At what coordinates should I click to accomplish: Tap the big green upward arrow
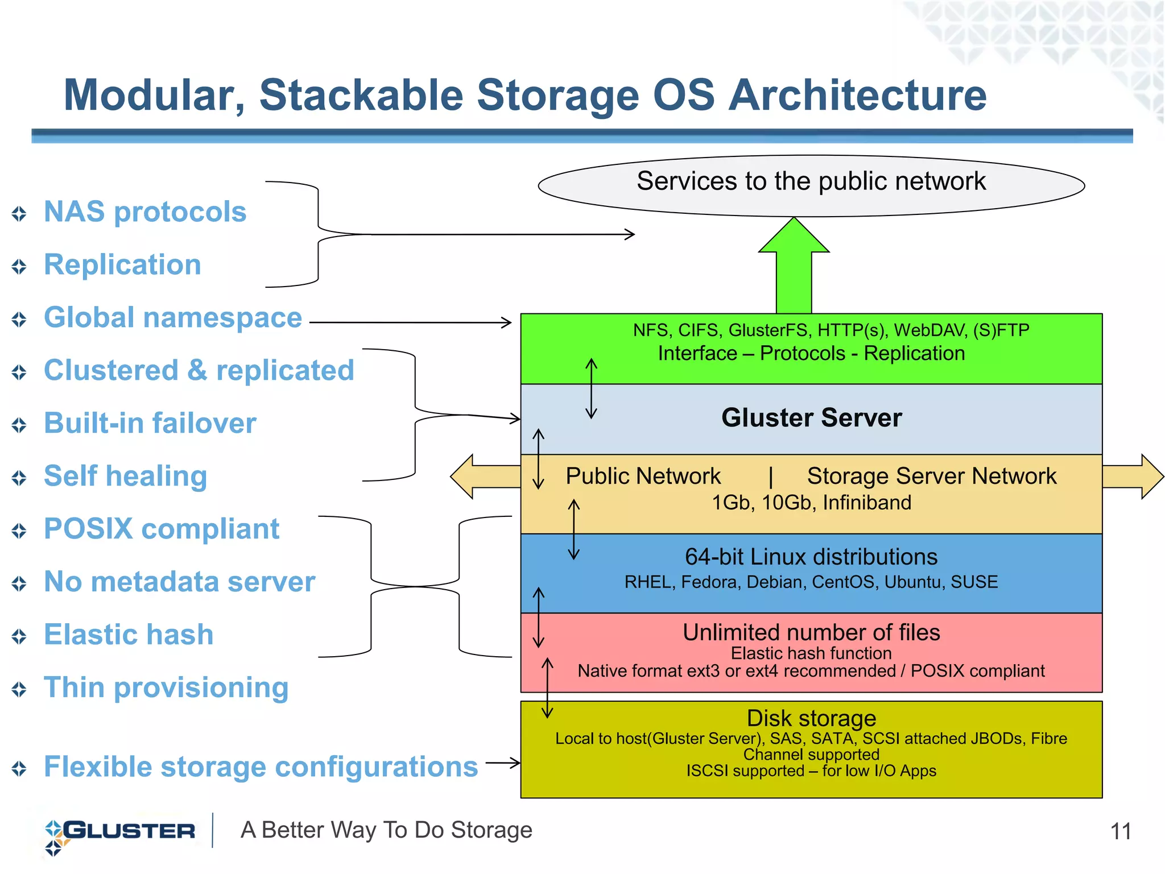coord(794,267)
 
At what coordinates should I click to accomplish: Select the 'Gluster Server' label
coord(811,418)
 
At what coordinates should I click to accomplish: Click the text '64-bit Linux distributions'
coord(811,557)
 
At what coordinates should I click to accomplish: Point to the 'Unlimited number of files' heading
coord(811,632)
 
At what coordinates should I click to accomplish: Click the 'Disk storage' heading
coord(811,718)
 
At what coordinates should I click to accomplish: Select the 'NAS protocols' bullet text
coord(145,212)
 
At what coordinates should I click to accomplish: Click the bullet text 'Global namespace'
coord(173,318)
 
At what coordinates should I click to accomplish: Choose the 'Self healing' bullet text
coord(125,477)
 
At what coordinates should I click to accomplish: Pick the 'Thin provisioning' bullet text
coord(166,687)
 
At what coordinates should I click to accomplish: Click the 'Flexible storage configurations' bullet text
coord(261,767)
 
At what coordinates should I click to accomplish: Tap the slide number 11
coord(1121,832)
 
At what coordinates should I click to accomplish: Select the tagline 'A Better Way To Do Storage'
coord(386,830)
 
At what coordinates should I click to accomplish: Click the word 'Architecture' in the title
coord(857,96)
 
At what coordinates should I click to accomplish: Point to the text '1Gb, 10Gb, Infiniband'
coord(811,503)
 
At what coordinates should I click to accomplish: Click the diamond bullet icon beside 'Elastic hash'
coord(19,636)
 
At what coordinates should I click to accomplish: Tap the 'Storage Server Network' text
coord(931,477)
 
